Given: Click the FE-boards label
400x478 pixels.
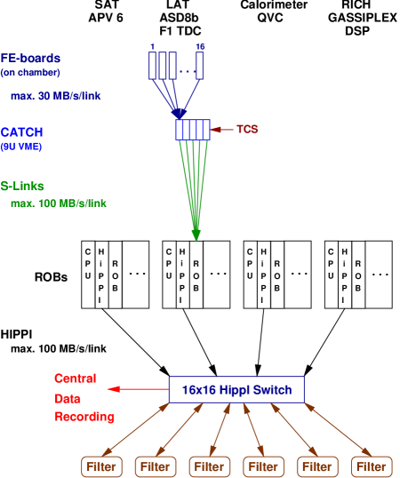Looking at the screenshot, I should click(30, 58).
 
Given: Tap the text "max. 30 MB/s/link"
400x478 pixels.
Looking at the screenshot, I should click(55, 95).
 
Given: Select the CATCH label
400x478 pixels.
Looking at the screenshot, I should click(22, 132).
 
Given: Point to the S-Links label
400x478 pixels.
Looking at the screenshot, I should click(22, 187).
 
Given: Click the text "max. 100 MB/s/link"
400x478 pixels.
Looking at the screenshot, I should click(59, 203).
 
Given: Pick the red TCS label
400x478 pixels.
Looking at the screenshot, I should click(246, 130).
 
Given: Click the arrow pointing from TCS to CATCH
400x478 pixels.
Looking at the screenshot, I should click(221, 130).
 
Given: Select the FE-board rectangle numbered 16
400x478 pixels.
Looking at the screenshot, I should click(200, 65).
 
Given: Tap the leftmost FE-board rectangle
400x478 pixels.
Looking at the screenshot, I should click(153, 65).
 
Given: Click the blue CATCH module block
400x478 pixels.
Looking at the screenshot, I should click(193, 130).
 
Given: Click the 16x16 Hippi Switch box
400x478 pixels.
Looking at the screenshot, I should click(236, 389).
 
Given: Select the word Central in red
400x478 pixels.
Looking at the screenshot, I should click(76, 378).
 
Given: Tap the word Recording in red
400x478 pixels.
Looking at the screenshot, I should click(84, 416).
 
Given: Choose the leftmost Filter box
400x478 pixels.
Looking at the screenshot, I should click(101, 466).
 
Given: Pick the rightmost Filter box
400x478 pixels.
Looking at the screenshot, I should click(372, 466).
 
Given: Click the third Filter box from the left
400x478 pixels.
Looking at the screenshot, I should click(210, 466).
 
